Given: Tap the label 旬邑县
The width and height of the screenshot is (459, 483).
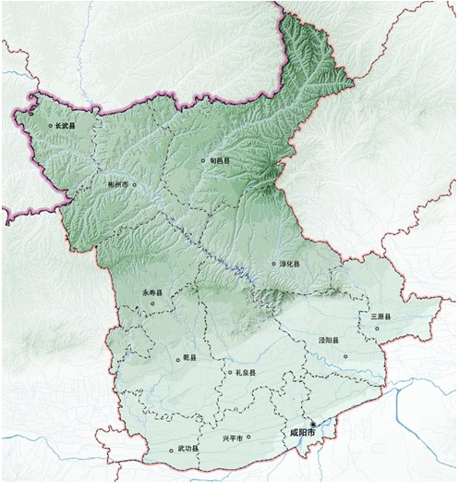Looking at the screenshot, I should (219, 160).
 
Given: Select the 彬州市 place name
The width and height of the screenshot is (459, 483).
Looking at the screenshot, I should (119, 184).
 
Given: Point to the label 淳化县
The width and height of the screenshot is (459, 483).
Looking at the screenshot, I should (290, 264).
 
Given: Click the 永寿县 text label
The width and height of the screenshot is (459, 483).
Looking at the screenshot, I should (151, 292).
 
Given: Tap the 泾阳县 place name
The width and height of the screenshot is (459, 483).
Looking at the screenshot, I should (330, 341).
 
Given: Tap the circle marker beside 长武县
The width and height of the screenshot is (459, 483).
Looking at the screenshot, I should (50, 125).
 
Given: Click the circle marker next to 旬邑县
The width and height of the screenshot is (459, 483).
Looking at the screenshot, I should (203, 161).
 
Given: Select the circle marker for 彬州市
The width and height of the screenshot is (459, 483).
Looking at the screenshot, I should (135, 184).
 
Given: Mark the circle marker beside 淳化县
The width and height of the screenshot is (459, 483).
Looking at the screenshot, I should (274, 264).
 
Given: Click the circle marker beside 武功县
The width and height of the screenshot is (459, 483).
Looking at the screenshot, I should (171, 451).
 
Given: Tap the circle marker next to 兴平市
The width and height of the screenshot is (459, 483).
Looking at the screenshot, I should (248, 438).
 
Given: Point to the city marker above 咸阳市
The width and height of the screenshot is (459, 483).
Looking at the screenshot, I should (313, 423).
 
